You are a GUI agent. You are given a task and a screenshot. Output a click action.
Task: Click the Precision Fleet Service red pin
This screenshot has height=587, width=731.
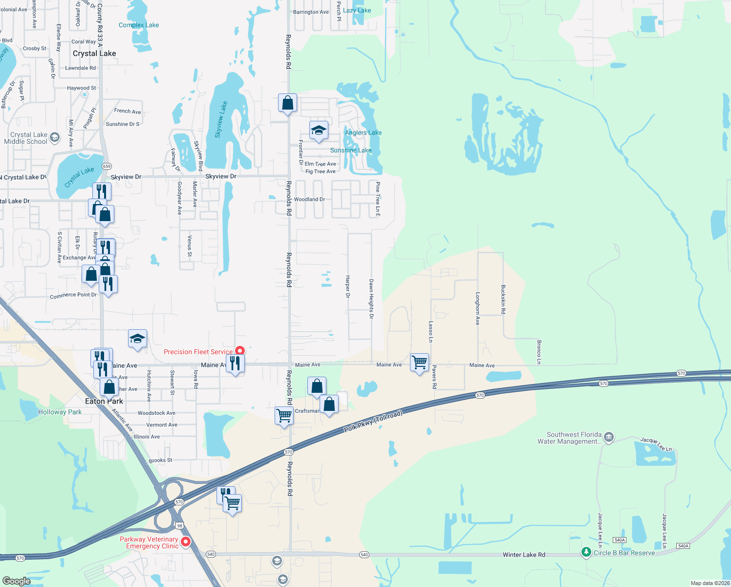pos(240,351)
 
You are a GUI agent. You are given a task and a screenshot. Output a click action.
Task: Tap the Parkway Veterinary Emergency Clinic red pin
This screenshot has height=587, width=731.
pos(186,541)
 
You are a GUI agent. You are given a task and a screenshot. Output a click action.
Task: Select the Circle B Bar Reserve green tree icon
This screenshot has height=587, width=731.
pos(586,552)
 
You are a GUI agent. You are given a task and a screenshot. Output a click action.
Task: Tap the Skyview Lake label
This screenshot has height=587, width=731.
pos(221,119)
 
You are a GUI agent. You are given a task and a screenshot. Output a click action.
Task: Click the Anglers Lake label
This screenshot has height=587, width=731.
pos(363,133)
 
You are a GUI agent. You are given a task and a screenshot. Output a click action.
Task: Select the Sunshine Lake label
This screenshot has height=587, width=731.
pos(351,150)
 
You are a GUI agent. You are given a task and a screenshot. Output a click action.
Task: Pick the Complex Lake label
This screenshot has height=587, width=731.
pos(139,25)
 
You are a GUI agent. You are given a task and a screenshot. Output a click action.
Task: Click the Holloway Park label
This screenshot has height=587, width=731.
pos(60,412)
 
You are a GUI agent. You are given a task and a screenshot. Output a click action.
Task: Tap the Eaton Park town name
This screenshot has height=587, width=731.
pos(104,401)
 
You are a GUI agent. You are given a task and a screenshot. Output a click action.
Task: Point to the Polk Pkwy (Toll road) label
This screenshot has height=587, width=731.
pos(373,421)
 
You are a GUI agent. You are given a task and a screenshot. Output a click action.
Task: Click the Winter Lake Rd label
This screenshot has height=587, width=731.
pos(524,555)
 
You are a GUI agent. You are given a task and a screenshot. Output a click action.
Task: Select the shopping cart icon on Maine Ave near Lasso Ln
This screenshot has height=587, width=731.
pos(420,362)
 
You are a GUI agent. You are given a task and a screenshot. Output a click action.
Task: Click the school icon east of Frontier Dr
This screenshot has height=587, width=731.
pos(319,130)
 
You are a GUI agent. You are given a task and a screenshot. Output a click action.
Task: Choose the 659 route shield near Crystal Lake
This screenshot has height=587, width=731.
pos(107,166)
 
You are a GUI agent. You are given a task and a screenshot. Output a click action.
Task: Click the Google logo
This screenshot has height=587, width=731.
pos(17,581)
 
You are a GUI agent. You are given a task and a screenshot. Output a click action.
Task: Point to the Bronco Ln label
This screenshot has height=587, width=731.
pos(539,352)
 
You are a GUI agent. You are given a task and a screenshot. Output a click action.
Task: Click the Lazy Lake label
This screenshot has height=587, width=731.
pos(357,10)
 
